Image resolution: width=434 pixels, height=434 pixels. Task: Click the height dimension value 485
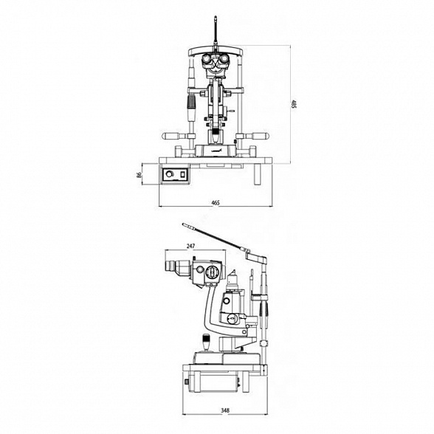pos(294,104)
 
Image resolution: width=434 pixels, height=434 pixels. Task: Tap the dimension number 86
pos(139,175)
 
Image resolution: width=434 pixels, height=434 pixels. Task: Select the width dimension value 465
pos(216,203)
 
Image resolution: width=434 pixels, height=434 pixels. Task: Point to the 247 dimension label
pos(191,246)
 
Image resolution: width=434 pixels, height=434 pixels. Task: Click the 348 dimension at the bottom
pos(225,410)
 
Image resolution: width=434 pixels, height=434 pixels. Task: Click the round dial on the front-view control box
pos(169,174)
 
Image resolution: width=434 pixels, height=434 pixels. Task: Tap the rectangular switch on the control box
pos(182,174)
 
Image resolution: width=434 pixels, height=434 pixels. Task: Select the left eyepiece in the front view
pos(207,59)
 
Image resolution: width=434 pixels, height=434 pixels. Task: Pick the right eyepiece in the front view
pos(224,59)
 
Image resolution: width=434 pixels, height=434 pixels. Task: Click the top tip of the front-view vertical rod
pos(216,17)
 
